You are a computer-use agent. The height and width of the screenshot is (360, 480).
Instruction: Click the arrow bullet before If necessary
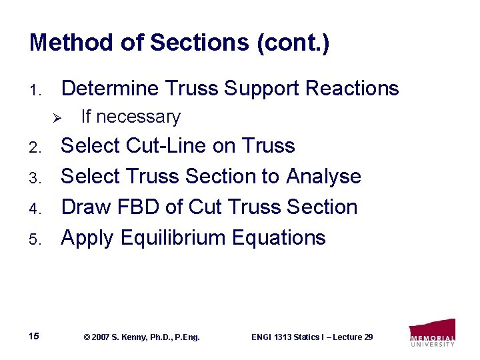[57, 118]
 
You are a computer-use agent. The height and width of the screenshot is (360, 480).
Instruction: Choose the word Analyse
[323, 177]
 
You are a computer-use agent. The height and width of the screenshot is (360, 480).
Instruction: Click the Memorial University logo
[432, 333]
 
